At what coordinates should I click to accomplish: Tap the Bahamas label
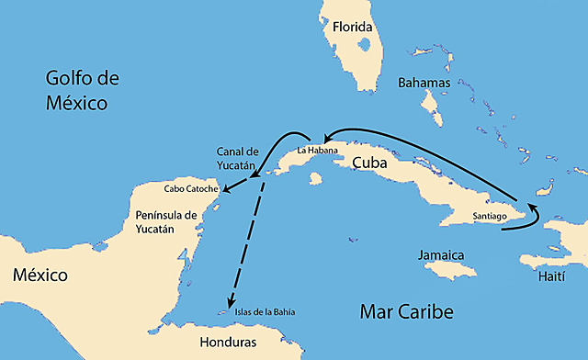point(424,83)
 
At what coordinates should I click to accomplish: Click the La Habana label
point(317,149)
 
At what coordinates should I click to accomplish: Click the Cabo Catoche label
point(191,189)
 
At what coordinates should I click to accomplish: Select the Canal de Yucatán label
point(240,157)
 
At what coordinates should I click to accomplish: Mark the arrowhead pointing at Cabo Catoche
point(224,191)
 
